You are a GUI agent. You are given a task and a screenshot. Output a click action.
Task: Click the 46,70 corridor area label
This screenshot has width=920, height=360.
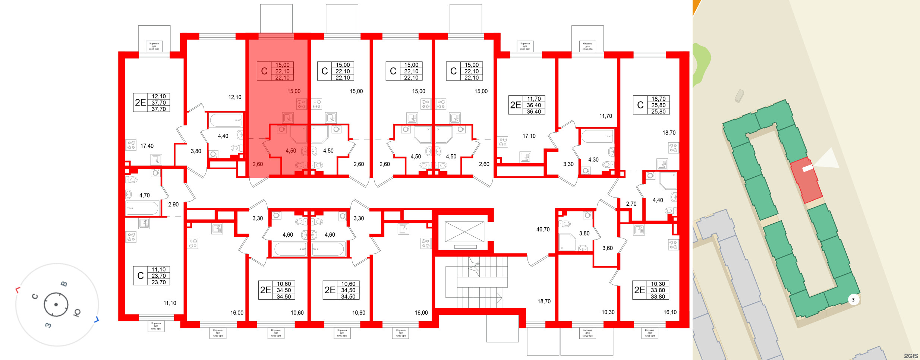[543, 230]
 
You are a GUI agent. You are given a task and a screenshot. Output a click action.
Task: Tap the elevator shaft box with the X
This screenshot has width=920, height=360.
[464, 232]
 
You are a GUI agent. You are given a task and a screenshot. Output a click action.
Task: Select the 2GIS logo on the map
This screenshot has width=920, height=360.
[911, 356]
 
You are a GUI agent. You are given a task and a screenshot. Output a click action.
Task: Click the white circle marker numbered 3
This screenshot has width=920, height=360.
[853, 300]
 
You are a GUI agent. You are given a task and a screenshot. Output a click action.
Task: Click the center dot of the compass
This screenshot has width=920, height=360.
[56, 304]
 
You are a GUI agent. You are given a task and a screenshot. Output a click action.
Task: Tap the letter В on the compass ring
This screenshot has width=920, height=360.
[64, 284]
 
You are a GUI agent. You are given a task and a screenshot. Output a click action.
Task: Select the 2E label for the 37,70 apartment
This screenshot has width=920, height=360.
[141, 102]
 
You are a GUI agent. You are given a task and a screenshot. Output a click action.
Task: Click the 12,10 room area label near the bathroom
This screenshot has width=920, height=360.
[234, 97]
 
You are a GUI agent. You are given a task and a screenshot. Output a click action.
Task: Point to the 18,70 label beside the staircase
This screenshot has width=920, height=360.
[544, 301]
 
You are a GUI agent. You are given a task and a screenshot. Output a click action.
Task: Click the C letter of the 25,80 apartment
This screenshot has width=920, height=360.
[640, 105]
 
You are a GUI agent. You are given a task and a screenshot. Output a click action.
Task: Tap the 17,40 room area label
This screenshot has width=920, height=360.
[147, 146]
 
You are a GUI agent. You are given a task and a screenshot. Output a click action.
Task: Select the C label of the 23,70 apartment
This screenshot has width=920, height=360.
[141, 276]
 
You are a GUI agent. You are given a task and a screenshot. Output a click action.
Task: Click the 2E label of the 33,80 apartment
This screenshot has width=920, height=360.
[639, 290]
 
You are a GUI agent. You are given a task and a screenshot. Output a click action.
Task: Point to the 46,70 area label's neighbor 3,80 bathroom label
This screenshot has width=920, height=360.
[584, 233]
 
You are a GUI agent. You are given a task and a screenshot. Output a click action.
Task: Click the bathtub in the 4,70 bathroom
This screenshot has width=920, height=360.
[142, 208]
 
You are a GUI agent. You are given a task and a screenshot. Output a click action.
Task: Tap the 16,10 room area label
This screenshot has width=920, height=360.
[670, 312]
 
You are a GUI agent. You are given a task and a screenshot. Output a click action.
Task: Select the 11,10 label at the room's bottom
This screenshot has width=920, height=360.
[170, 303]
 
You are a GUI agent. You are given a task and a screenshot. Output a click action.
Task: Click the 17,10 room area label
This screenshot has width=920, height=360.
[529, 136]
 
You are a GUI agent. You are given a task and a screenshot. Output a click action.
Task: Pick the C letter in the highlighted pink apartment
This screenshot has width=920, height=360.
[264, 71]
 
